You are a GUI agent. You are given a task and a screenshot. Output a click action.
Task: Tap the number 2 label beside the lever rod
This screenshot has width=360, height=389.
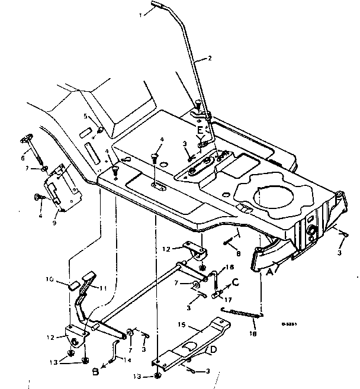pyautogui.click(x=208, y=58)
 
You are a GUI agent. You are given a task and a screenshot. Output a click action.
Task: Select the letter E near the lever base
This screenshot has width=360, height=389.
pyautogui.click(x=200, y=129)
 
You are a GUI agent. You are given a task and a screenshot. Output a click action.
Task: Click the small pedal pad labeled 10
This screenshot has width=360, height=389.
pyautogui.click(x=74, y=285)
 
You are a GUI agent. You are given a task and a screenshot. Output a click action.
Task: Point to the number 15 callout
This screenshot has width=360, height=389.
pyautogui.click(x=182, y=325)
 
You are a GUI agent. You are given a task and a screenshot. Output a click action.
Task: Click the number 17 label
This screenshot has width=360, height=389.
pyautogui.click(x=227, y=301)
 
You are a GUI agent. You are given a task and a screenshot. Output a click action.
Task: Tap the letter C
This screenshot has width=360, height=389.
pyautogui.click(x=236, y=283)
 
